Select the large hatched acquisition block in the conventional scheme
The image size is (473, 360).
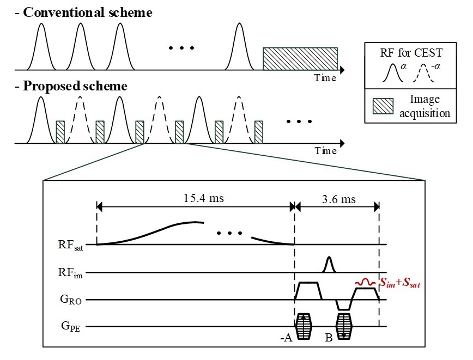[x=300, y=59]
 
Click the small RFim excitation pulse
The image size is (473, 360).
[x=328, y=265]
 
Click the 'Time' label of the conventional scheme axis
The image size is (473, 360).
[x=325, y=78]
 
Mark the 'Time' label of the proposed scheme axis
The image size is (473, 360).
[x=325, y=151]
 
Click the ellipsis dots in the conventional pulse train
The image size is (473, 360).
[x=181, y=48]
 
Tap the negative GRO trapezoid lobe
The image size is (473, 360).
[x=343, y=305]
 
